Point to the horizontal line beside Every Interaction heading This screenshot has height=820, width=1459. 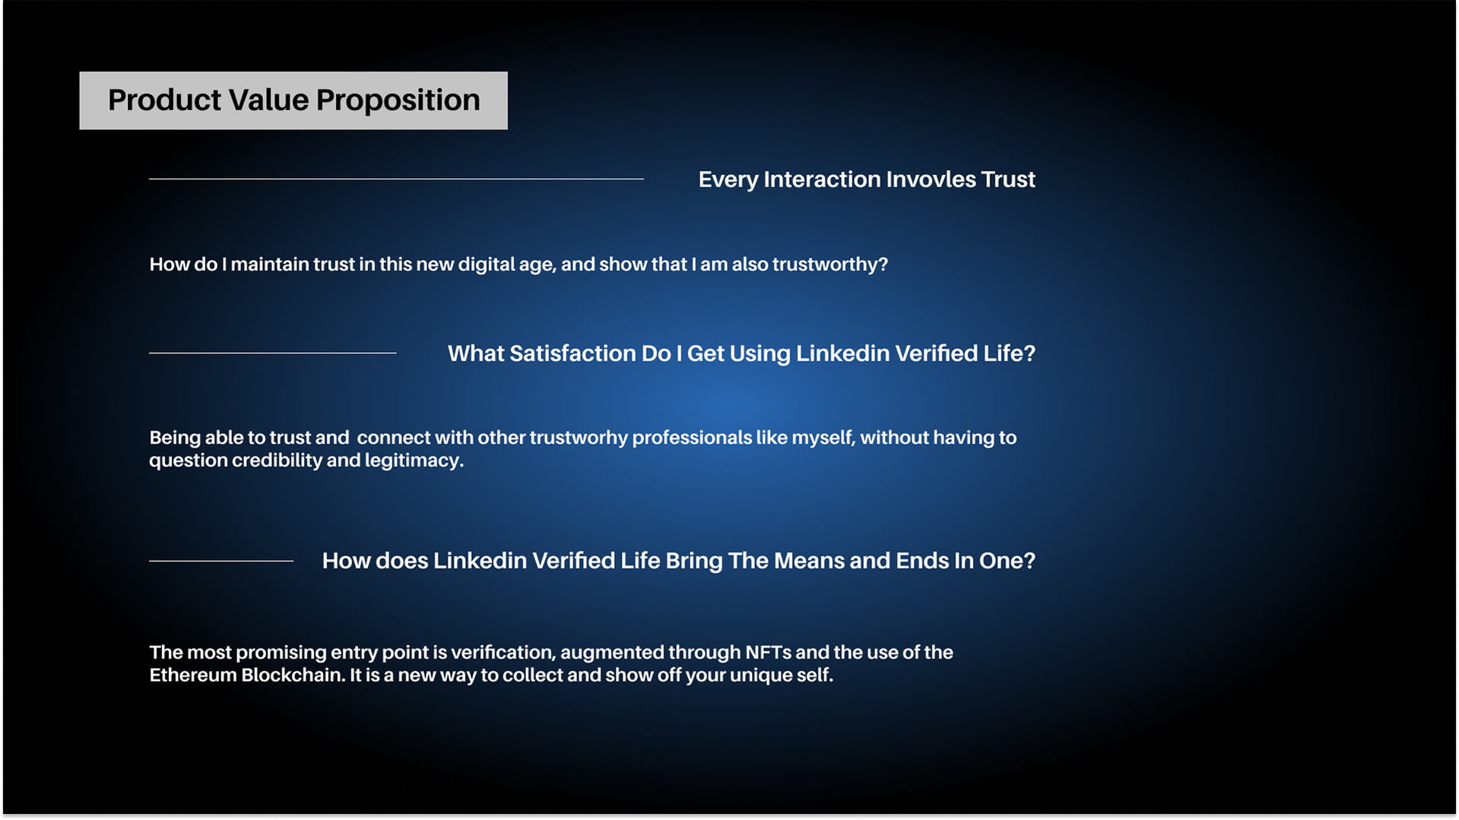pos(396,179)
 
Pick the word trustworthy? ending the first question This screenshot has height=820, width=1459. pos(830,264)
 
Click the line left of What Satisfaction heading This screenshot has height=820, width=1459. pos(272,353)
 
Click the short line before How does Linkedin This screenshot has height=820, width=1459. pos(221,561)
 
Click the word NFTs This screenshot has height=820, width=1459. pos(768,653)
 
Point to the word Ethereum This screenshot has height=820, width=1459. pos(192,676)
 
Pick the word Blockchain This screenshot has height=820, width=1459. pos(293,676)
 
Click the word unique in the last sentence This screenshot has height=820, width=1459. pos(754,676)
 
